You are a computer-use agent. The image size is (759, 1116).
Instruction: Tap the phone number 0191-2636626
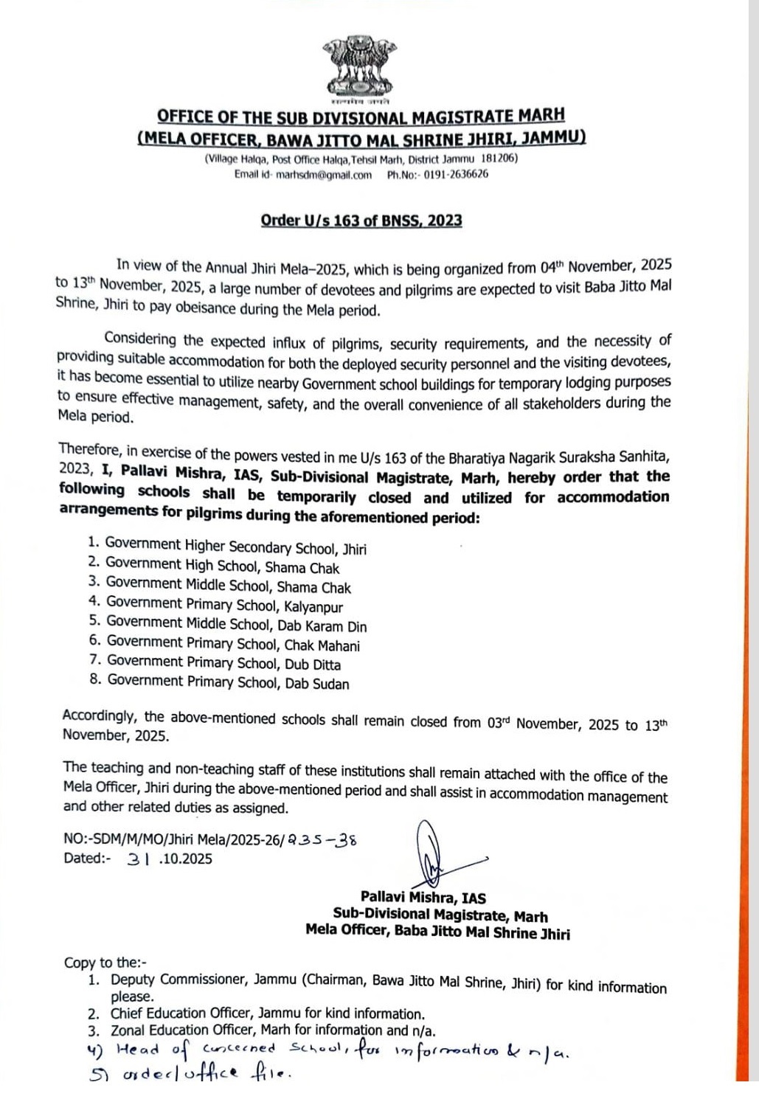[456, 175]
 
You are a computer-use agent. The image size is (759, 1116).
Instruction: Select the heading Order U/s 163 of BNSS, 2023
[361, 221]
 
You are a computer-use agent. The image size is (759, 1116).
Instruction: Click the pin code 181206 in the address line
[499, 159]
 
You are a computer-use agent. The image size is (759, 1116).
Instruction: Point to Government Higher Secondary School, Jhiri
[235, 547]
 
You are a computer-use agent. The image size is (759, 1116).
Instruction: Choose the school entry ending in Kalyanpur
[225, 606]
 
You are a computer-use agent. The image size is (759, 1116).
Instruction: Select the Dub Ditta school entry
[224, 663]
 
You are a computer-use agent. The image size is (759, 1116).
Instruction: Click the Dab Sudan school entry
[228, 682]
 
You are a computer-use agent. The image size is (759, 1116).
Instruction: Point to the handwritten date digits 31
[139, 859]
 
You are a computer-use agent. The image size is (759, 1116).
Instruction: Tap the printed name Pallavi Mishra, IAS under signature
[423, 898]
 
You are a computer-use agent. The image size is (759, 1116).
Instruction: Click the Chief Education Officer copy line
[267, 1013]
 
